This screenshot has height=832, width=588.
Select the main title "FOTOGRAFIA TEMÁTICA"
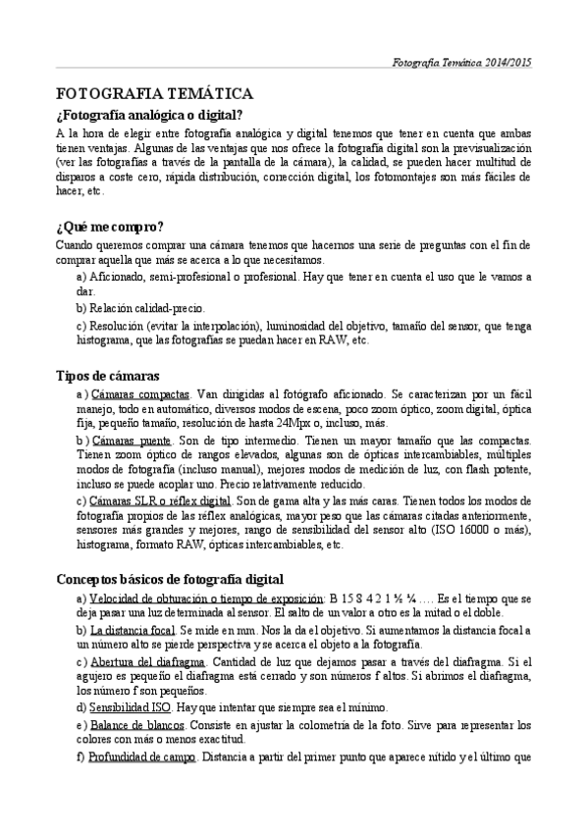point(155,93)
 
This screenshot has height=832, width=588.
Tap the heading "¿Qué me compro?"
point(110,227)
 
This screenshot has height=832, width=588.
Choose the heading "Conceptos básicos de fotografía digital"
point(156,579)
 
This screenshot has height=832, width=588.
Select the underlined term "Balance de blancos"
point(134,725)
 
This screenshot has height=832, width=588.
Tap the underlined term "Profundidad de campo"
point(142,757)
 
